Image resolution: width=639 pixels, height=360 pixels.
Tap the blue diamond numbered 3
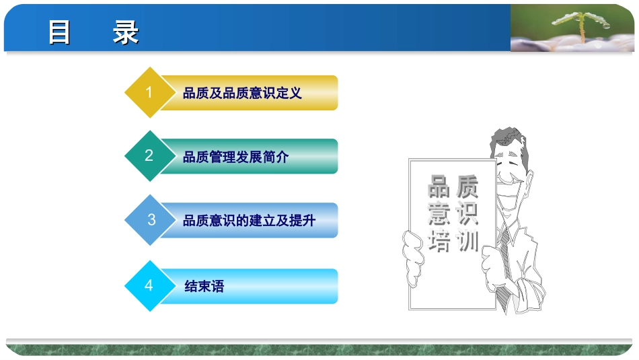tap(151, 219)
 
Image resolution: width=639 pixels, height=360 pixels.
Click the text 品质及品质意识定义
tap(242, 94)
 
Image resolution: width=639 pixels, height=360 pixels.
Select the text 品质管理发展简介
tap(235, 157)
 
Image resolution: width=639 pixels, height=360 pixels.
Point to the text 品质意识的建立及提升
tap(249, 220)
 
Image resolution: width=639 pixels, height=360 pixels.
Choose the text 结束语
tap(204, 287)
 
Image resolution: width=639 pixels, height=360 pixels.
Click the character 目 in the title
tap(60, 32)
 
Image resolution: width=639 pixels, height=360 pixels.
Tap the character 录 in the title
tap(126, 32)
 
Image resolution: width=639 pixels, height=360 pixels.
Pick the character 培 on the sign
tap(439, 240)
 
